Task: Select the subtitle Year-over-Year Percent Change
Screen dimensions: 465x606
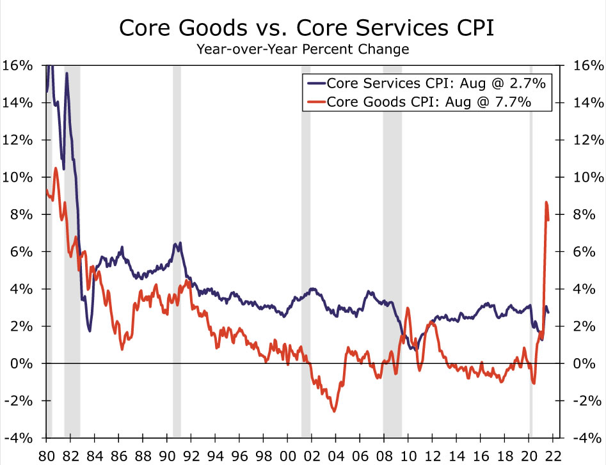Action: [x=303, y=49]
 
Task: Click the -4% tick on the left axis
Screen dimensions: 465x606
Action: [x=17, y=438]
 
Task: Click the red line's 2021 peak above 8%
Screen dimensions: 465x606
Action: [x=546, y=203]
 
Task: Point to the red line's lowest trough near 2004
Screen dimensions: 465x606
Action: [x=334, y=411]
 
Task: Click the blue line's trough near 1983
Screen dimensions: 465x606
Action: [x=90, y=331]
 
